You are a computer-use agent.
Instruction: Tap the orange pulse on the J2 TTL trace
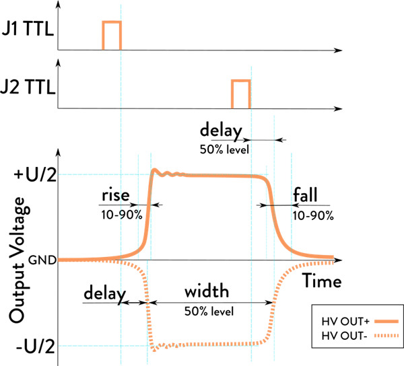240,93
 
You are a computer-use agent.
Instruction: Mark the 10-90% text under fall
314,215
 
